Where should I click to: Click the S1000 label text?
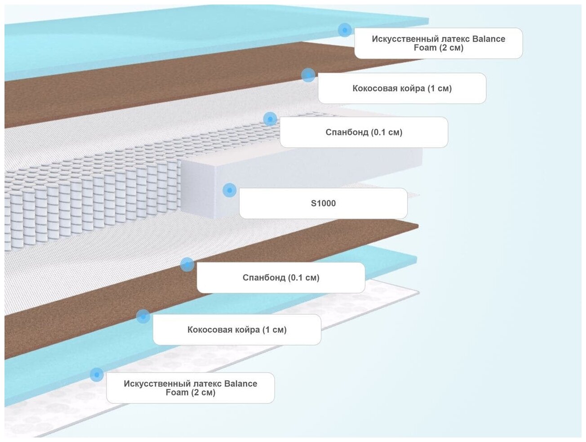click(323, 203)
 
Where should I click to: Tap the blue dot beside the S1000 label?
click(229, 190)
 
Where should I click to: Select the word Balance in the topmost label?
click(488, 39)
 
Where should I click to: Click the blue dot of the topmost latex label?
click(345, 30)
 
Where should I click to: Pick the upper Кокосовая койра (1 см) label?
click(402, 89)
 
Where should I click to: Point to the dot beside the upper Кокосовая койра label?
click(308, 75)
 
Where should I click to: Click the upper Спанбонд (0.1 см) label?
click(364, 132)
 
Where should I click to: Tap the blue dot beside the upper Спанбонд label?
click(270, 119)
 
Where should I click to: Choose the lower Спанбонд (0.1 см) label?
click(281, 278)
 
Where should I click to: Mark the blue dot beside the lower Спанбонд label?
click(187, 264)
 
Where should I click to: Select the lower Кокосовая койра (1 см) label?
click(237, 330)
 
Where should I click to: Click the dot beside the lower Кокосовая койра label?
click(143, 316)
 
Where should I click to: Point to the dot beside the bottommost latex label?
click(97, 375)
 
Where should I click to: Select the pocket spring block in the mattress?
click(90, 198)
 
